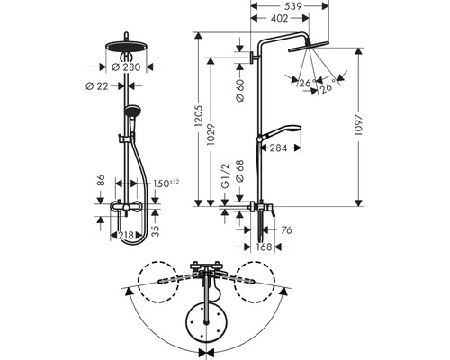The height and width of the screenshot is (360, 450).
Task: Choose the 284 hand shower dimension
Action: [277, 148]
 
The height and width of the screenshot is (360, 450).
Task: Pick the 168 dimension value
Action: [264, 245]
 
